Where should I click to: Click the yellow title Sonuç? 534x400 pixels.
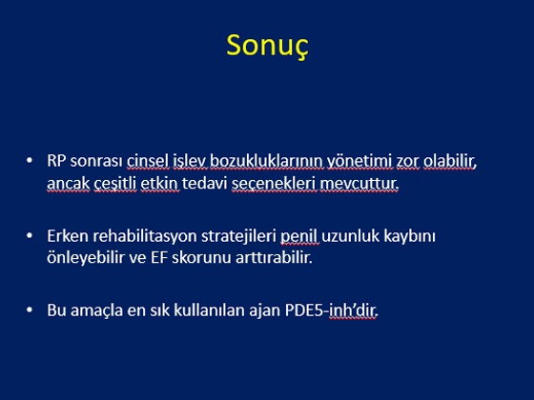pyautogui.click(x=267, y=46)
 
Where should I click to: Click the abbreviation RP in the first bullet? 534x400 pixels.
pyautogui.click(x=56, y=161)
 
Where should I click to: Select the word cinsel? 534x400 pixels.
pyautogui.click(x=148, y=161)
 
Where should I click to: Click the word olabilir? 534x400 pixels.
pyautogui.click(x=450, y=161)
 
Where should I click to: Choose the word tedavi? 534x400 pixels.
pyautogui.click(x=204, y=183)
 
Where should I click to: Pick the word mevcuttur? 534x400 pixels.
pyautogui.click(x=359, y=184)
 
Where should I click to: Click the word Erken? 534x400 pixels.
pyautogui.click(x=68, y=236)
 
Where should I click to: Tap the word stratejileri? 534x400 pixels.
pyautogui.click(x=238, y=237)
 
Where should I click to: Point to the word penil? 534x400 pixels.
pyautogui.click(x=299, y=237)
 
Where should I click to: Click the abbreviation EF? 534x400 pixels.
pyautogui.click(x=159, y=258)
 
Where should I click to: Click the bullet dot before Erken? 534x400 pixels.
pyautogui.click(x=30, y=235)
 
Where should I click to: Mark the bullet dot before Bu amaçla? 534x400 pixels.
pyautogui.click(x=30, y=310)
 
